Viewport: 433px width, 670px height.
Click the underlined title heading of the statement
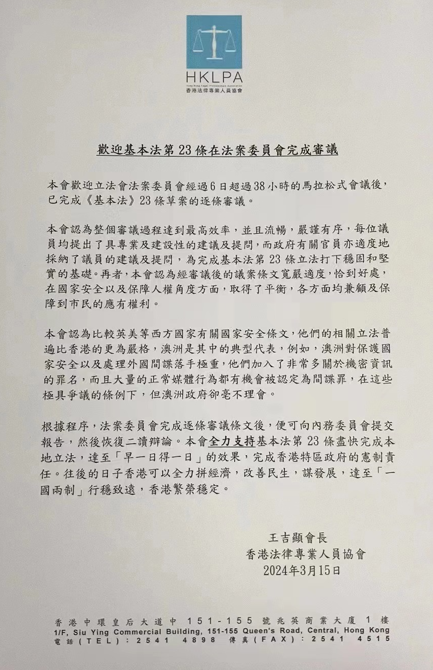tap(218, 152)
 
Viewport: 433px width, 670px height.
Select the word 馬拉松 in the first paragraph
tap(309, 185)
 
